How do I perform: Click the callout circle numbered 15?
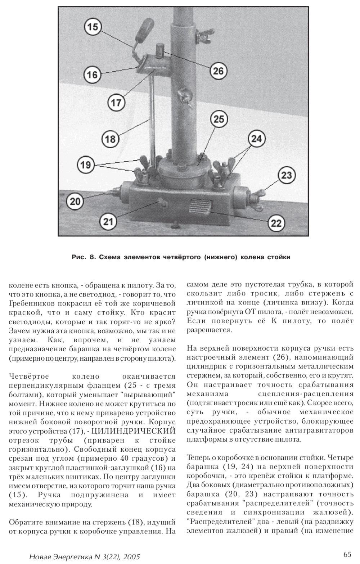tap(93, 27)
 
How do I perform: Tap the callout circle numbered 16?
tap(93, 75)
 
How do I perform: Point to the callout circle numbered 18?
tap(110, 139)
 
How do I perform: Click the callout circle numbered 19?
tap(85, 165)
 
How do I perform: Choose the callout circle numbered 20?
tap(75, 201)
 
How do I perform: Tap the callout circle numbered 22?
tap(276, 223)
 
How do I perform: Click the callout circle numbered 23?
tap(286, 175)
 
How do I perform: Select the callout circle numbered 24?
tap(256, 139)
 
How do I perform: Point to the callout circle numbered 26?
tap(219, 71)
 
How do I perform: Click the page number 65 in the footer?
tap(347, 554)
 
